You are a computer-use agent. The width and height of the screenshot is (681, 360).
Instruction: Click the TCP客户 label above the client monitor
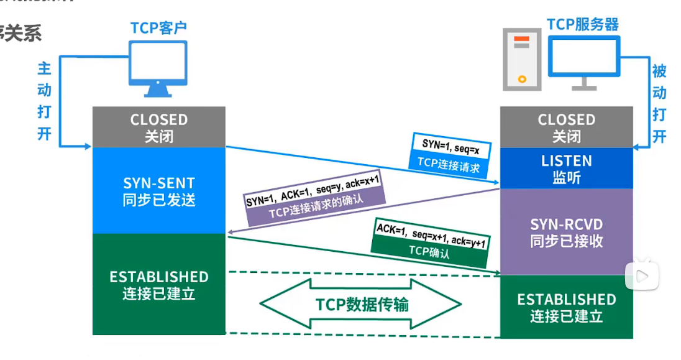coord(158,28)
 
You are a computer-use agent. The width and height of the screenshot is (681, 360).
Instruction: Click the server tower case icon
coord(521,59)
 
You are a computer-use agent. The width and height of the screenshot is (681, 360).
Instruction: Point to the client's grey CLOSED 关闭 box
coord(158,127)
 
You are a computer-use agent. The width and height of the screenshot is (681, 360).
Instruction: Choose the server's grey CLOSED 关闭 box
coord(566,127)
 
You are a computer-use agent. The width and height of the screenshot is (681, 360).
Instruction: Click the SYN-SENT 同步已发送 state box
coord(158,191)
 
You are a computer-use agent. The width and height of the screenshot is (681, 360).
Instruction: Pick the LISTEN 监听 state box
coord(566,168)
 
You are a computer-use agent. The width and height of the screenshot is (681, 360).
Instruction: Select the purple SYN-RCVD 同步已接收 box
coord(566,232)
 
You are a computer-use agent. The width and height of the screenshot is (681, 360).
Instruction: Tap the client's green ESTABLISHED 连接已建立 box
coord(158,285)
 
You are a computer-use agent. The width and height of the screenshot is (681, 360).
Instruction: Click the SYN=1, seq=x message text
coord(447,144)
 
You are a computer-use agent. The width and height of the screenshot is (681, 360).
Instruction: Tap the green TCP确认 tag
coord(429,252)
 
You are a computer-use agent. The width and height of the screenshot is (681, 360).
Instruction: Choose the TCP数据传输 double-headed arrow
coord(361,304)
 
